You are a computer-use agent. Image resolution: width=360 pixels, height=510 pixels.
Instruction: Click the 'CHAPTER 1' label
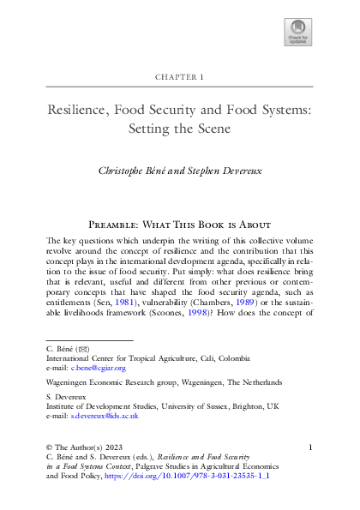(179, 77)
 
